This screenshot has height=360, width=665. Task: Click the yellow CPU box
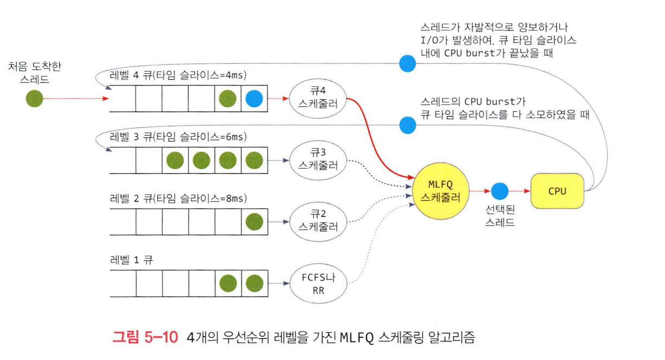tap(557, 190)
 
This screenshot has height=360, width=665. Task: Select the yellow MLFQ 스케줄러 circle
tap(440, 191)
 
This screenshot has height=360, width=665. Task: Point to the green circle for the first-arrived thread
tap(34, 99)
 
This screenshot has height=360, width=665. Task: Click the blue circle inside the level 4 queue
tap(254, 99)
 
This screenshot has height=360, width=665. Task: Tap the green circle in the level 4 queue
tap(227, 99)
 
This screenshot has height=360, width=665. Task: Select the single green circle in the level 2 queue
tap(254, 221)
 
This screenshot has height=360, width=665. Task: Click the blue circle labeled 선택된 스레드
tap(500, 190)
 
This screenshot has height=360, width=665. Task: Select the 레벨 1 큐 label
tap(131, 259)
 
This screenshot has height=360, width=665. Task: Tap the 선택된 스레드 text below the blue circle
tap(500, 215)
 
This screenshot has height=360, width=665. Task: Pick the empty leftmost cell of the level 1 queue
tap(123, 283)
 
